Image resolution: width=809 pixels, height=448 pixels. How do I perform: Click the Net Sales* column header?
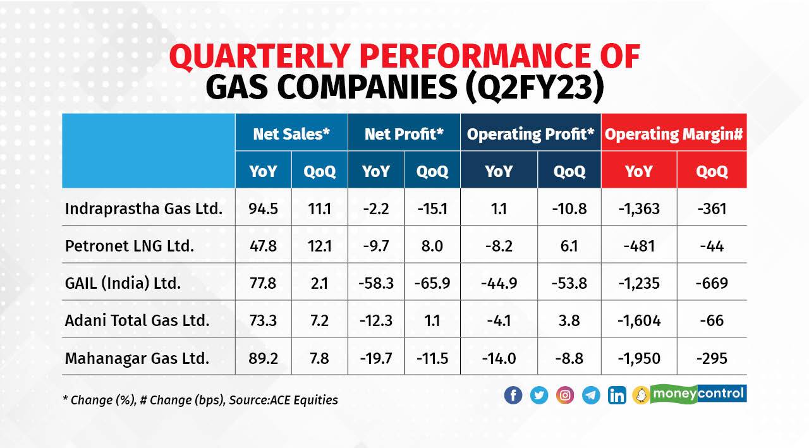pyautogui.click(x=291, y=133)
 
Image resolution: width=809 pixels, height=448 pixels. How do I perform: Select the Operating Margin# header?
pyautogui.click(x=674, y=133)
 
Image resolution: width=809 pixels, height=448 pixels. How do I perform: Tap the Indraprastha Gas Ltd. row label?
pyautogui.click(x=143, y=208)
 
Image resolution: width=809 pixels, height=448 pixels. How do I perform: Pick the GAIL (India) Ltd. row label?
pyautogui.click(x=123, y=283)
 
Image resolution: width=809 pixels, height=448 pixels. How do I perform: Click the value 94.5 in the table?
pyautogui.click(x=264, y=208)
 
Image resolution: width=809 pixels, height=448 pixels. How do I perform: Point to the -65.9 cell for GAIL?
pyautogui.click(x=432, y=283)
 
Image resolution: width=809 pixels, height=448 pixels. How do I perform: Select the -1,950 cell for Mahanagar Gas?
pyautogui.click(x=638, y=358)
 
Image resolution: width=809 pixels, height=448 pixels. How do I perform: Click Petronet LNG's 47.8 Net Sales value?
pyautogui.click(x=264, y=246)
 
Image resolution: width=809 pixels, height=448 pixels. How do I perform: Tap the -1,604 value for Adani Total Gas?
pyautogui.click(x=638, y=320)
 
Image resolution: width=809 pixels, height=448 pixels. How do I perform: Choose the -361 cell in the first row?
pyautogui.click(x=712, y=208)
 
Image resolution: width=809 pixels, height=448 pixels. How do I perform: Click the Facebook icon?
pyautogui.click(x=513, y=396)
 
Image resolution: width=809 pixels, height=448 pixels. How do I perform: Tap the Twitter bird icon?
pyautogui.click(x=539, y=396)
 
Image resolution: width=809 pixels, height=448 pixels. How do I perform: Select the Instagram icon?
pyautogui.click(x=565, y=396)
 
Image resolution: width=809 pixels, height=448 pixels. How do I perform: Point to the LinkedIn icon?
pyautogui.click(x=617, y=396)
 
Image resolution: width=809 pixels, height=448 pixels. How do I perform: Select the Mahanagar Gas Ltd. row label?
pyautogui.click(x=137, y=358)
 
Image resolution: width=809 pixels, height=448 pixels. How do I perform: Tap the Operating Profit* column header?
pyautogui.click(x=531, y=133)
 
